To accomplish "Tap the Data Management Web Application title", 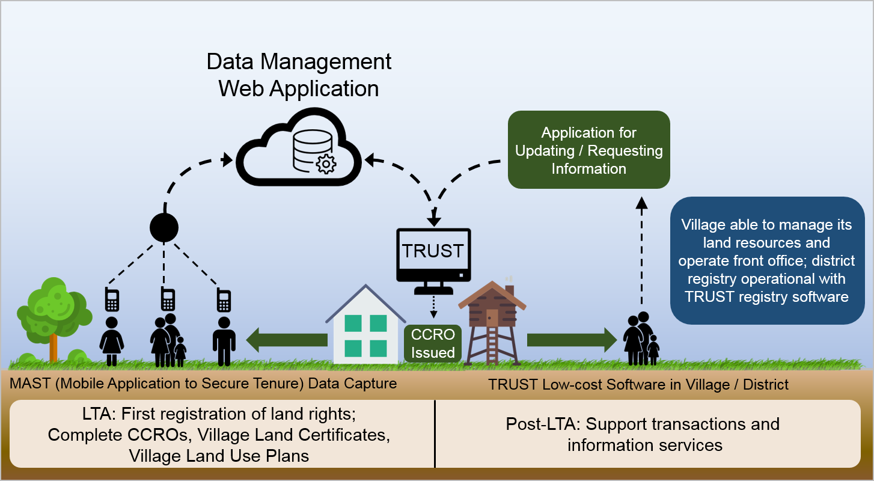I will point(299,75).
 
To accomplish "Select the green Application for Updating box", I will point(588,150).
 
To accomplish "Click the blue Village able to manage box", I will point(767,260).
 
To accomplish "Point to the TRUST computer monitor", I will point(433,253).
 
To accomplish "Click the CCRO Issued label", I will point(433,343).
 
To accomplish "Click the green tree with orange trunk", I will point(53,319).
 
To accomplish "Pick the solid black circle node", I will point(164,227).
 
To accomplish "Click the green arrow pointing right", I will point(571,340).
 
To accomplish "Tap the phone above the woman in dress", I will point(112,299).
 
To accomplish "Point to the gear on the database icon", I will point(326,163).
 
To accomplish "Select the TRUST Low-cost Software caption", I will point(638,384).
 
